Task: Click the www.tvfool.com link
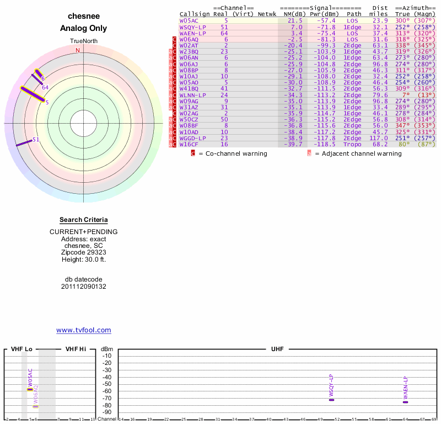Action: pyautogui.click(x=83, y=330)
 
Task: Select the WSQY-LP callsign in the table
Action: pyautogui.click(x=192, y=26)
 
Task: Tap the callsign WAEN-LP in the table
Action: pyautogui.click(x=192, y=33)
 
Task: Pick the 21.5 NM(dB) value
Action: pyautogui.click(x=296, y=20)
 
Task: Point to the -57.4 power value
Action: pyautogui.click(x=326, y=20)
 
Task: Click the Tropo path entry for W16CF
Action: pyautogui.click(x=352, y=145)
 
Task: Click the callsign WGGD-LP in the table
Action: pyautogui.click(x=192, y=138)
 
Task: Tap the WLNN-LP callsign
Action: pyautogui.click(x=192, y=95)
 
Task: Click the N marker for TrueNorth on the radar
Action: pyautogui.click(x=78, y=50)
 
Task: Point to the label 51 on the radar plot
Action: pyautogui.click(x=36, y=140)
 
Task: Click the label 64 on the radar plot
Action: pyautogui.click(x=45, y=87)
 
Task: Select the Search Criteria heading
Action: pyautogui.click(x=83, y=220)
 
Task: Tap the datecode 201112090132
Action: pyautogui.click(x=83, y=287)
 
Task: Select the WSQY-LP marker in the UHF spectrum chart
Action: pyautogui.click(x=331, y=399)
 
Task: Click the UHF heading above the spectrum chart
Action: pyautogui.click(x=276, y=349)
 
